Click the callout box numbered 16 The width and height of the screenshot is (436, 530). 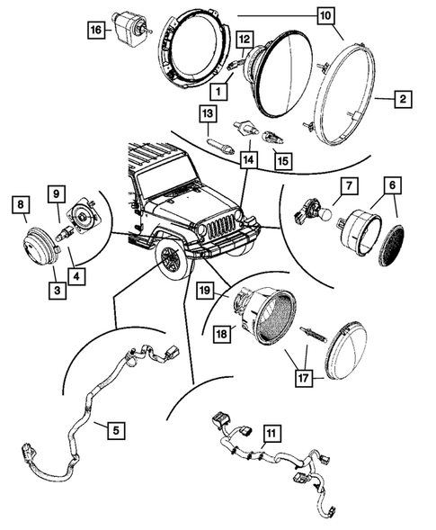pos(95,31)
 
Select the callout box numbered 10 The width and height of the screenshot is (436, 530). pos(325,15)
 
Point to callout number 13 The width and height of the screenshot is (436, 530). pos(208,113)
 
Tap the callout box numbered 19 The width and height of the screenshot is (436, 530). pos(205,291)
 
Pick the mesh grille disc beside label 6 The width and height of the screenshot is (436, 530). pos(393,242)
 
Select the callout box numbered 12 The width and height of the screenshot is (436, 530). pos(243,39)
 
